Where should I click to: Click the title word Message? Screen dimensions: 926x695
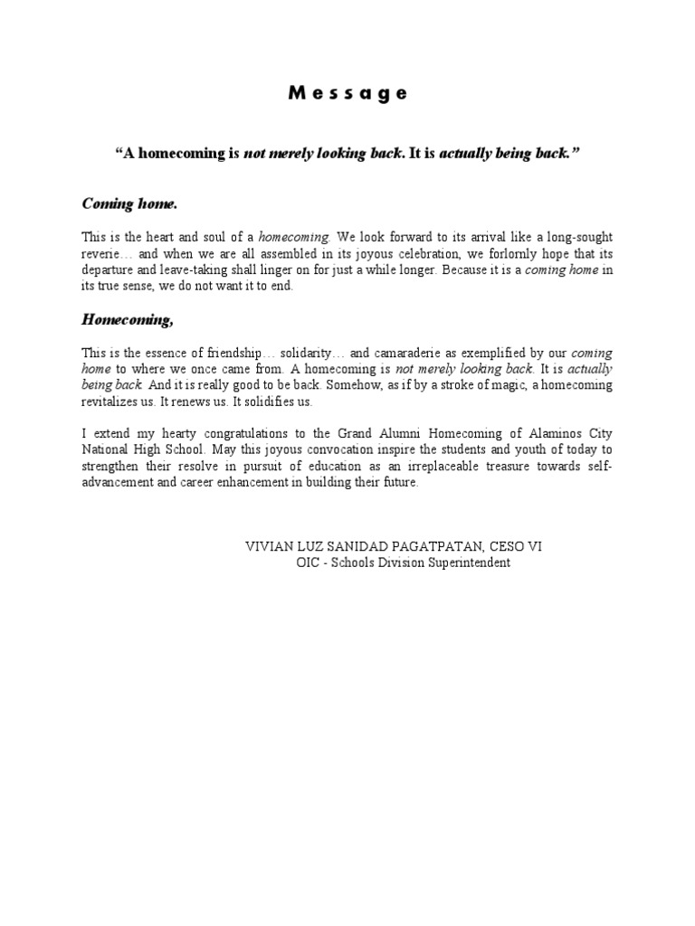[x=348, y=93]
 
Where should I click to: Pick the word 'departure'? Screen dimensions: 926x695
[x=108, y=269]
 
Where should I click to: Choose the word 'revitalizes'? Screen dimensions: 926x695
[x=110, y=402]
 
